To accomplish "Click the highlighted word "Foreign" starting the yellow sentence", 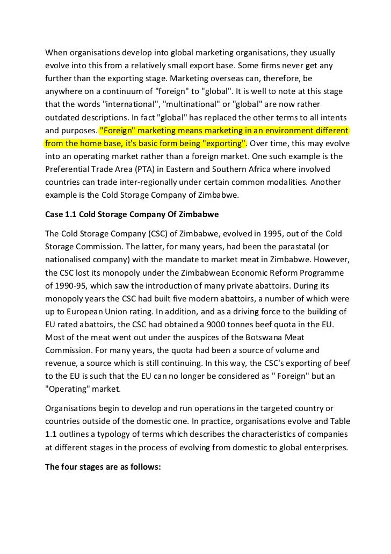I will (x=118, y=130).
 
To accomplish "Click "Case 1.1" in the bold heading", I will (x=61, y=214).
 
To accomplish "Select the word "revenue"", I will (x=61, y=363).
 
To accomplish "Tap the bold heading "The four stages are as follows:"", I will (x=103, y=467).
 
